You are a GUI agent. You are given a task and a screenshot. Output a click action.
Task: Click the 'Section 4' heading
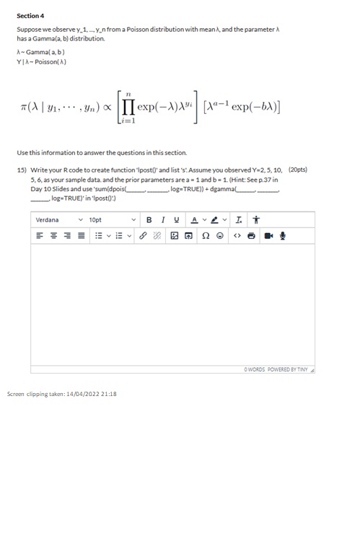30,15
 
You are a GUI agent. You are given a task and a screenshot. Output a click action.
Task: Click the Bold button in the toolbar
149,219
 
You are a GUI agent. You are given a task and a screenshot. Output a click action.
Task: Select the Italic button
164,219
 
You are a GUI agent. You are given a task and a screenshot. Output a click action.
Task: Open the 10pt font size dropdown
112,219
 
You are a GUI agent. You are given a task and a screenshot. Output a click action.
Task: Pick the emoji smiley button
220,235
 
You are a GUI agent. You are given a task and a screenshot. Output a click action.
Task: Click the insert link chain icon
143,235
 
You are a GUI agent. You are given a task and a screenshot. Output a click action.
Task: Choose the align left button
37,235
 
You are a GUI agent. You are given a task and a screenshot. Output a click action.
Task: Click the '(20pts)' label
297,170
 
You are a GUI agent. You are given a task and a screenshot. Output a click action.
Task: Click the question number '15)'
22,170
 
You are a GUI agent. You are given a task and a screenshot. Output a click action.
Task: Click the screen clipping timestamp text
61,394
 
